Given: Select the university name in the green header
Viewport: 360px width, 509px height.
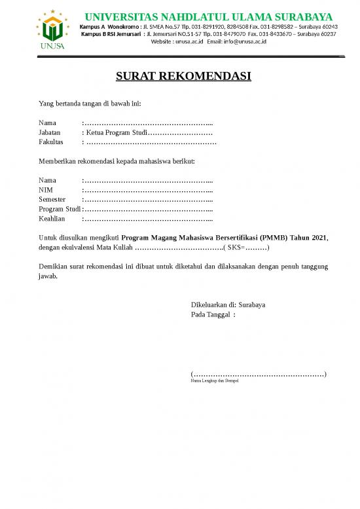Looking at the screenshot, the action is [209, 16].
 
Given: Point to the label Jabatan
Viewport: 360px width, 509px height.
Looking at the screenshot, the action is [50, 132].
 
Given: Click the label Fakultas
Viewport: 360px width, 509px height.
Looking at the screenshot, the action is [51, 141].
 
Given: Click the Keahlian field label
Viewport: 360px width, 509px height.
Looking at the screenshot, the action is [52, 218].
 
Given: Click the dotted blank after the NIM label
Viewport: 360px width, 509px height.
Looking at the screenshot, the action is [147, 190].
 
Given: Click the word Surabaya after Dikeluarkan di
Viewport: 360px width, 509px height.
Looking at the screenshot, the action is [252, 305].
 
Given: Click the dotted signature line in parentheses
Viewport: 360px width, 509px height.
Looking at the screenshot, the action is [259, 374].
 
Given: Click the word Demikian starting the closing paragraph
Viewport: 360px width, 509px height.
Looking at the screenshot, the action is [53, 267].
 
